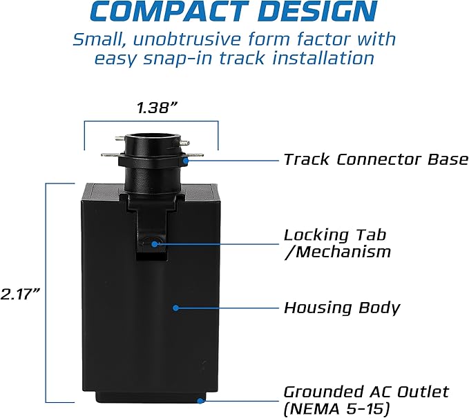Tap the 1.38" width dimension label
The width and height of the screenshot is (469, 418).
[157, 108]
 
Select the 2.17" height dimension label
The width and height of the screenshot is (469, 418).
[20, 294]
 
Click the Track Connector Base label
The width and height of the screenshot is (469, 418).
[376, 159]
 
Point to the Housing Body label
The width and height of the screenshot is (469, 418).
[342, 308]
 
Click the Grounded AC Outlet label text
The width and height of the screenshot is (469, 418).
[366, 392]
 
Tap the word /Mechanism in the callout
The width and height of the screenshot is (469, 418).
[337, 252]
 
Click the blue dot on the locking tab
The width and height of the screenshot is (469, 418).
[154, 244]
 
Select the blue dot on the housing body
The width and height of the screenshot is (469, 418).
[176, 308]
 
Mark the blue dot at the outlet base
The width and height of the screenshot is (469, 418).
[201, 401]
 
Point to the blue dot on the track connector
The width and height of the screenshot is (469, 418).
[186, 161]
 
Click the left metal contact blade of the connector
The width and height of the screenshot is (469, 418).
[111, 155]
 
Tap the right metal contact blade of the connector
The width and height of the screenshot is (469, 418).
[195, 155]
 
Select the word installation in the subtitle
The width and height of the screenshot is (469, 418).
[323, 58]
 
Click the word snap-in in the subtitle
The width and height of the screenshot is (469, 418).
[178, 59]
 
